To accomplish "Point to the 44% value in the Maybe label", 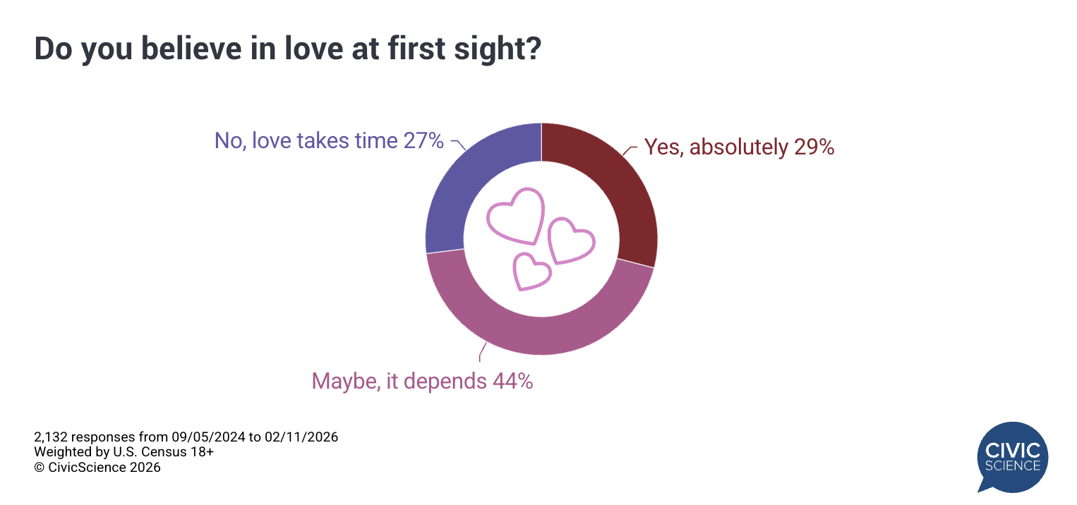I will [x=512, y=382].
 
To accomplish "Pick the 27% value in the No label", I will [x=423, y=140].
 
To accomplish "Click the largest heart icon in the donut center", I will [x=517, y=215].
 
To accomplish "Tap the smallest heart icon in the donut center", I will [x=531, y=272].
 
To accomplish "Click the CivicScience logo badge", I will [x=1012, y=456].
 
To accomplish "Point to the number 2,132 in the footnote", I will [x=52, y=437].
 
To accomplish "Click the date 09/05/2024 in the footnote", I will [x=212, y=437].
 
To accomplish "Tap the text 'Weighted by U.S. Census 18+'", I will [x=124, y=452].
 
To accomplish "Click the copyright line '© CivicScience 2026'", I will [x=97, y=467].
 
